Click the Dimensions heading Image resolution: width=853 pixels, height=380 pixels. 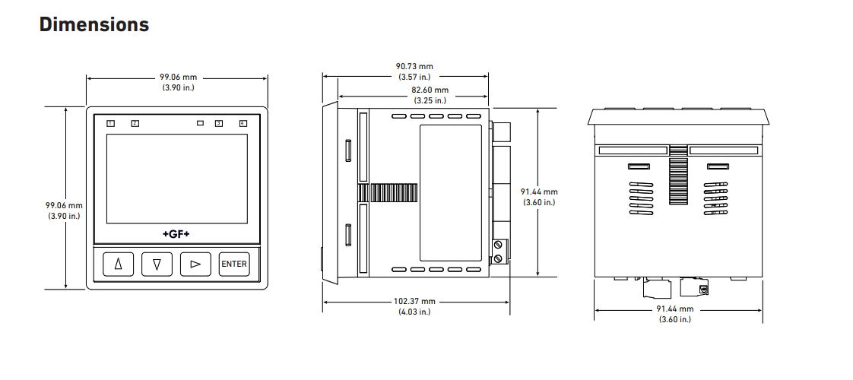pyautogui.click(x=94, y=24)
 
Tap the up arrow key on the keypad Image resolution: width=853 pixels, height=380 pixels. pyautogui.click(x=118, y=264)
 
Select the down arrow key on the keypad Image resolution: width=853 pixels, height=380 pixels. pyautogui.click(x=157, y=264)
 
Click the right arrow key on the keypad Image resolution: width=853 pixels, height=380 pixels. pyautogui.click(x=195, y=264)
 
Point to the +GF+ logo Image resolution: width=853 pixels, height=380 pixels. pyautogui.click(x=176, y=233)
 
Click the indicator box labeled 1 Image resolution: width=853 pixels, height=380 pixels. pyautogui.click(x=110, y=123)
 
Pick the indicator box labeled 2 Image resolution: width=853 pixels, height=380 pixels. pyautogui.click(x=135, y=123)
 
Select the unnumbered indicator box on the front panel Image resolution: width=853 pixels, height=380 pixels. pyautogui.click(x=201, y=123)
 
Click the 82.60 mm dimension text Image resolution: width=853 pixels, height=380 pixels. pyautogui.click(x=430, y=90)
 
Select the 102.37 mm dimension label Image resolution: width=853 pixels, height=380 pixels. pyautogui.click(x=414, y=302)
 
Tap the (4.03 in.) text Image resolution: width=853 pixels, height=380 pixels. pyautogui.click(x=414, y=312)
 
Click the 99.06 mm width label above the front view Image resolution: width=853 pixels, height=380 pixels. pyautogui.click(x=178, y=77)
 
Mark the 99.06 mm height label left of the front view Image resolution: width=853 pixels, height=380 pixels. pyautogui.click(x=64, y=205)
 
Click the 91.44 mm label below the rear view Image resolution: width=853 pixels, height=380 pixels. pyautogui.click(x=674, y=309)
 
